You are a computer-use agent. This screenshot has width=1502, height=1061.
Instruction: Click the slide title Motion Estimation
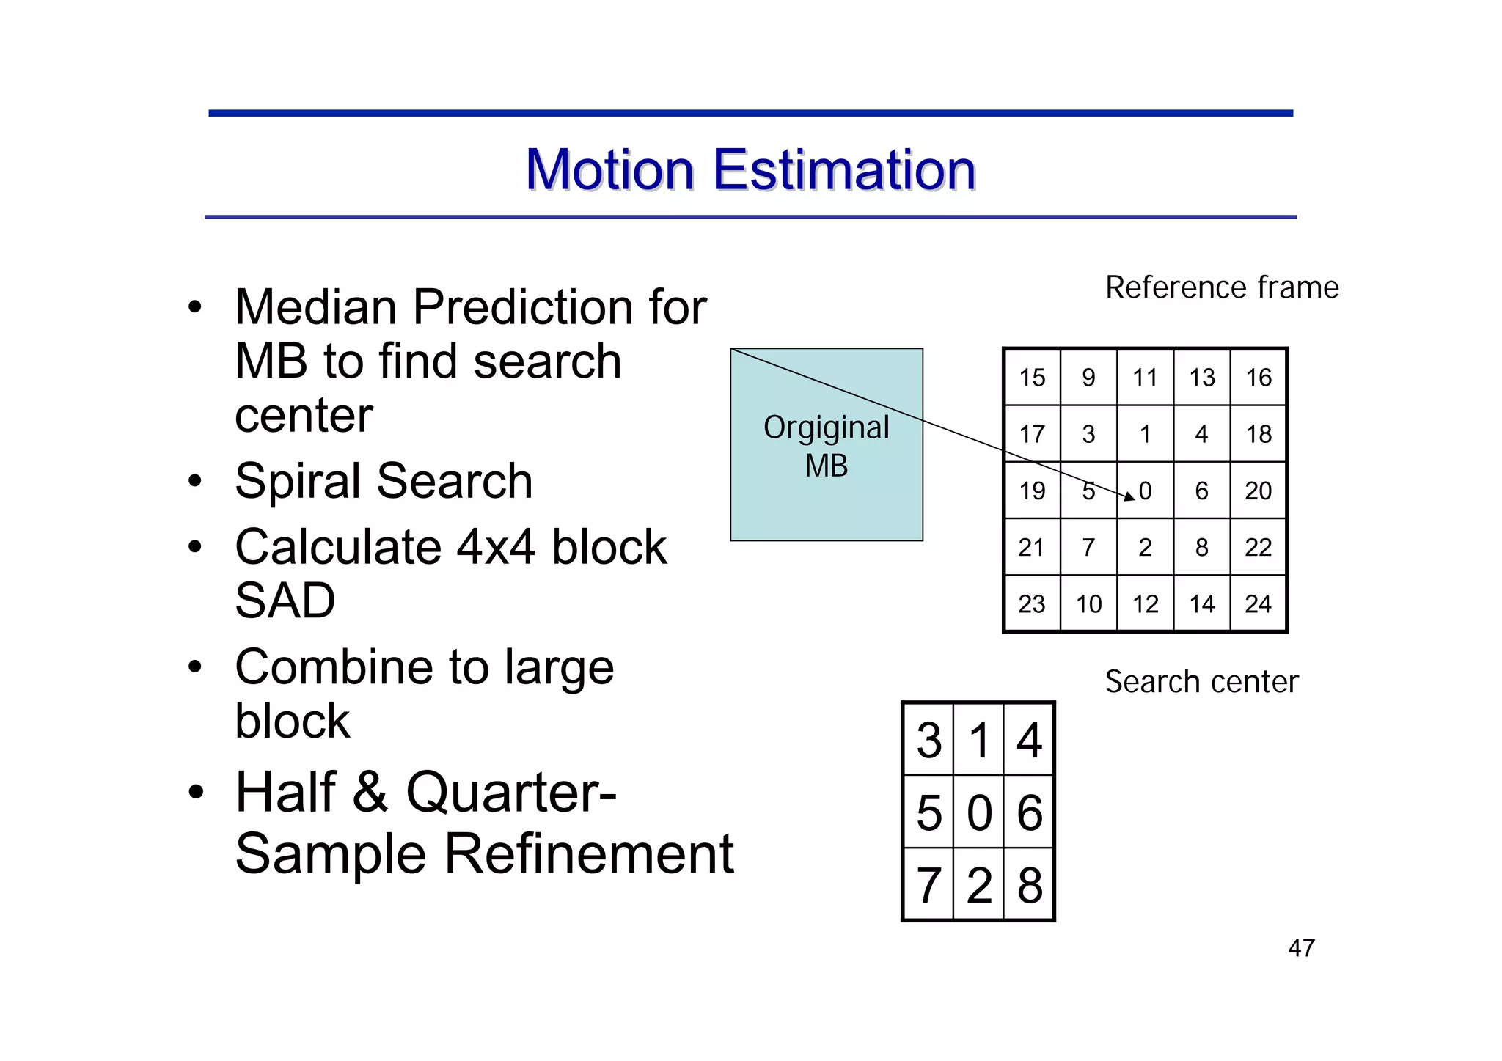pyautogui.click(x=750, y=170)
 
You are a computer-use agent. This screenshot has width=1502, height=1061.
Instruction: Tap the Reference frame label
pyautogui.click(x=1222, y=287)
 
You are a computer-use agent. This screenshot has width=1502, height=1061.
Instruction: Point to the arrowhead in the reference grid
pyautogui.click(x=1129, y=497)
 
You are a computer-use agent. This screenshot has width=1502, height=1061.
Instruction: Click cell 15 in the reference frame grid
pyautogui.click(x=1032, y=378)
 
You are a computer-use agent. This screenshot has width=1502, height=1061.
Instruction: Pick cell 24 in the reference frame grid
pyautogui.click(x=1259, y=604)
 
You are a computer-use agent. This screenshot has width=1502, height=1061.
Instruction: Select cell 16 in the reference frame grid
pyautogui.click(x=1259, y=378)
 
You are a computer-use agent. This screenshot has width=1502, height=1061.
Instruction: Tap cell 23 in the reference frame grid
pyautogui.click(x=1032, y=604)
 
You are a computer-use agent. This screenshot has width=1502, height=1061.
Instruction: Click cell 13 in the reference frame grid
pyautogui.click(x=1202, y=378)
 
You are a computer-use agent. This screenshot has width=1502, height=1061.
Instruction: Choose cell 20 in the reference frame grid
pyautogui.click(x=1259, y=491)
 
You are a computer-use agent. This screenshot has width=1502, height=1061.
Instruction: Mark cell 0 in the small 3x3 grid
pyautogui.click(x=979, y=812)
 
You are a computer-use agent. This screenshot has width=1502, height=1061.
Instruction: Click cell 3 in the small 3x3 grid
pyautogui.click(x=929, y=740)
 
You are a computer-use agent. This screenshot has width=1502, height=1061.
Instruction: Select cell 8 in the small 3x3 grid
pyautogui.click(x=1030, y=885)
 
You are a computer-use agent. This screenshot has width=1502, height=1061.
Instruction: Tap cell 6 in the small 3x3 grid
pyautogui.click(x=1030, y=812)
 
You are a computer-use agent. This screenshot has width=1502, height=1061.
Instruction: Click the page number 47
pyautogui.click(x=1301, y=948)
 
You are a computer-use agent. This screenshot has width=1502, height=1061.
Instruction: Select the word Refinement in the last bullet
pyautogui.click(x=589, y=854)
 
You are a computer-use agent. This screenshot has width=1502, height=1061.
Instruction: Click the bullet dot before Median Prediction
pyautogui.click(x=194, y=308)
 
